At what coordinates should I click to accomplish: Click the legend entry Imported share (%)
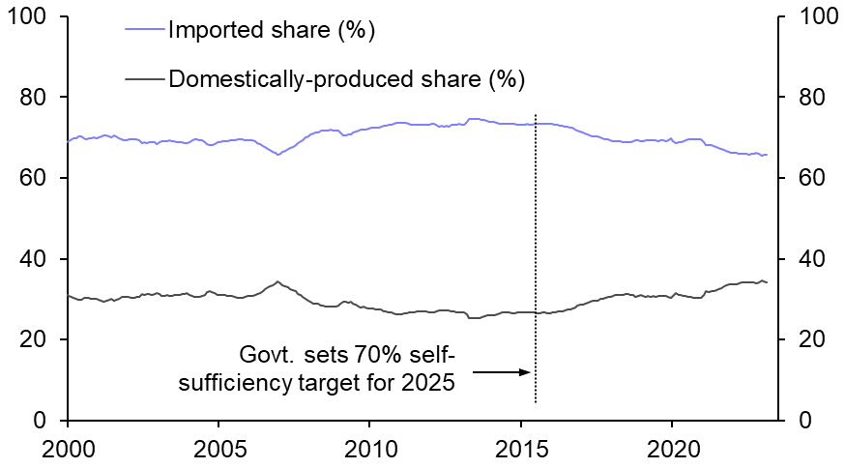coord(271,30)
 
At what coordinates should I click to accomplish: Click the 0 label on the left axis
coord(46,421)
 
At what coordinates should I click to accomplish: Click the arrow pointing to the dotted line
coord(502,371)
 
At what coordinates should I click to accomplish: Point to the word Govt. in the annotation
coord(265,354)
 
